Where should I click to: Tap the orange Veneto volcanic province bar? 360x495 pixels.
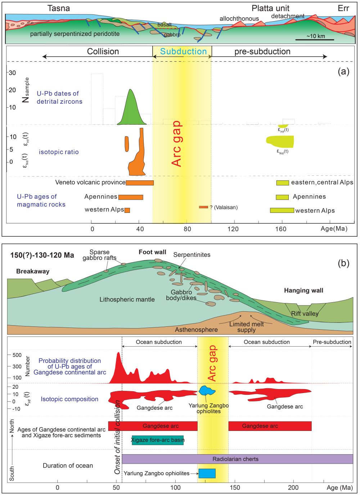(140, 183)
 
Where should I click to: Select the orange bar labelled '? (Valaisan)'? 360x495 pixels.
(203, 207)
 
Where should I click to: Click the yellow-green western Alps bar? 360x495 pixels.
(282, 210)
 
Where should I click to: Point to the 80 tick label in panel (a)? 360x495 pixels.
(187, 229)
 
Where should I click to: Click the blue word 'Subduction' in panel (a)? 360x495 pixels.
(183, 52)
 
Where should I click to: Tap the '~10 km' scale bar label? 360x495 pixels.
(316, 36)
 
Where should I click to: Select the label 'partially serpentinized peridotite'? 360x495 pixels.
(75, 34)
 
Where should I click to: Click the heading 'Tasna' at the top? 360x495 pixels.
(59, 8)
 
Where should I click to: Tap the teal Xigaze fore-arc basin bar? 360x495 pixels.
(158, 440)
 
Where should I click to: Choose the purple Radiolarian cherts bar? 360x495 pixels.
(237, 459)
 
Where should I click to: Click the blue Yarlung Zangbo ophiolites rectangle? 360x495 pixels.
(207, 473)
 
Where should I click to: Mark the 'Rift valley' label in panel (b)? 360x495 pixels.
(305, 313)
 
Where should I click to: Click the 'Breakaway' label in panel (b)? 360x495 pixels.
(33, 271)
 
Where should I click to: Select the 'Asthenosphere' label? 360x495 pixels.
(196, 330)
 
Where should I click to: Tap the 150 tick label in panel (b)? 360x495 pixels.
(234, 488)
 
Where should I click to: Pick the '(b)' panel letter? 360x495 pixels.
(343, 263)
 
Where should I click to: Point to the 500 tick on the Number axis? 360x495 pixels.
(17, 355)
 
